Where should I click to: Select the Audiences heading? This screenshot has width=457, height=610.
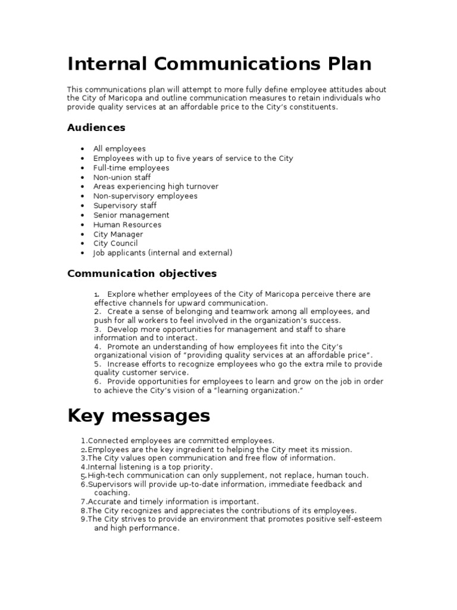(96, 127)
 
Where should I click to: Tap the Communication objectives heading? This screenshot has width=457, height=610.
(142, 273)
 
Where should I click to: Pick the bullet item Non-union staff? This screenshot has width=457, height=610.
(122, 177)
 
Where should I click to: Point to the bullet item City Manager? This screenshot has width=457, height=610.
(118, 234)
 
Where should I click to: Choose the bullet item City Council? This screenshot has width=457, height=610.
(115, 244)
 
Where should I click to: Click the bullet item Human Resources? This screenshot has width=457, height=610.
(127, 225)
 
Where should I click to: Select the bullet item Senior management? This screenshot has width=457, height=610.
(131, 215)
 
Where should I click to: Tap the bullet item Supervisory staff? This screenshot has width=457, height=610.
(125, 206)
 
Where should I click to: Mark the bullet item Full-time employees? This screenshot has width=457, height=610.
(131, 167)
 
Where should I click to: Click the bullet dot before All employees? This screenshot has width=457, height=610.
(82, 149)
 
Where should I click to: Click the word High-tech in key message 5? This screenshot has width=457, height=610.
(105, 475)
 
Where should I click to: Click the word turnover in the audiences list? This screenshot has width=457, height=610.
(202, 186)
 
